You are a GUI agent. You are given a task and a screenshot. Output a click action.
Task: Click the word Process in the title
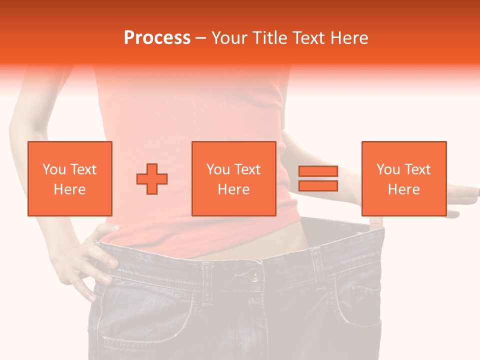157,38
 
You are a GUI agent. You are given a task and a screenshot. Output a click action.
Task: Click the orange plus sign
152,178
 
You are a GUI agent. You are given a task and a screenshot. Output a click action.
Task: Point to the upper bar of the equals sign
318,171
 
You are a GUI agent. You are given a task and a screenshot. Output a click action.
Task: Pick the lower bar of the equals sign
318,186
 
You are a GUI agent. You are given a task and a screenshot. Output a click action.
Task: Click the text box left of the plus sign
70,178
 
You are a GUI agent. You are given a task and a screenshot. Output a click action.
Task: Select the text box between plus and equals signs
234,178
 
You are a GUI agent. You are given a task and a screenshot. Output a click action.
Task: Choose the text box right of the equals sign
404,178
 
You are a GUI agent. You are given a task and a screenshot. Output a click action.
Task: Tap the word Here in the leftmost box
70,189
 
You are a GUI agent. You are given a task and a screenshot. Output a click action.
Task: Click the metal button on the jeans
254,275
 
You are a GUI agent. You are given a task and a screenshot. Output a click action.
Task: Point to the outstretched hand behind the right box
462,195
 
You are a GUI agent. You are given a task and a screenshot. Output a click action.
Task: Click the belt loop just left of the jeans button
207,277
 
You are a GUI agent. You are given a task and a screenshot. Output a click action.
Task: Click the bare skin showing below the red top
290,240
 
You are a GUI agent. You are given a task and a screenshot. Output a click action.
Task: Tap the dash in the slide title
201,38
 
